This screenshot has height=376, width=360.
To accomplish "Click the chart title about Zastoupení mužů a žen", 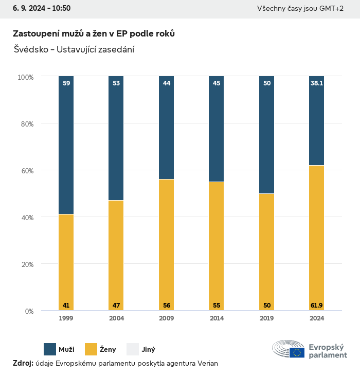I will pos(94,33).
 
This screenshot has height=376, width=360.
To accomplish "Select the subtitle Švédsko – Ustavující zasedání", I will pos(74,50).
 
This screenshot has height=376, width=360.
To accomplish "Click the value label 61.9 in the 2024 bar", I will pos(317,306).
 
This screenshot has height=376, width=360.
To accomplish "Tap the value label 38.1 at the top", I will pos(317,83).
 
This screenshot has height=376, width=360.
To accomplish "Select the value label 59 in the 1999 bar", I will pos(66,83).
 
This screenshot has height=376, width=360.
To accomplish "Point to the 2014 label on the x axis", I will pos(217,318).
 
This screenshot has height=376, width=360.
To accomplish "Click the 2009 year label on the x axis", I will pos(167,318).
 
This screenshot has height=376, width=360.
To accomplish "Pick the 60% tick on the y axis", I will pos(26,171).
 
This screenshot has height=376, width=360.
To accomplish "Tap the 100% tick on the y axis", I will pos(25,77).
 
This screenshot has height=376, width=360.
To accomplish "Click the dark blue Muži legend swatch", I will pos(50,349).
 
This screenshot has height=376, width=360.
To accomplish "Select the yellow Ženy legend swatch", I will pos(91,349).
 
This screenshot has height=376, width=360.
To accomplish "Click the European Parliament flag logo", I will pos(297,352).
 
